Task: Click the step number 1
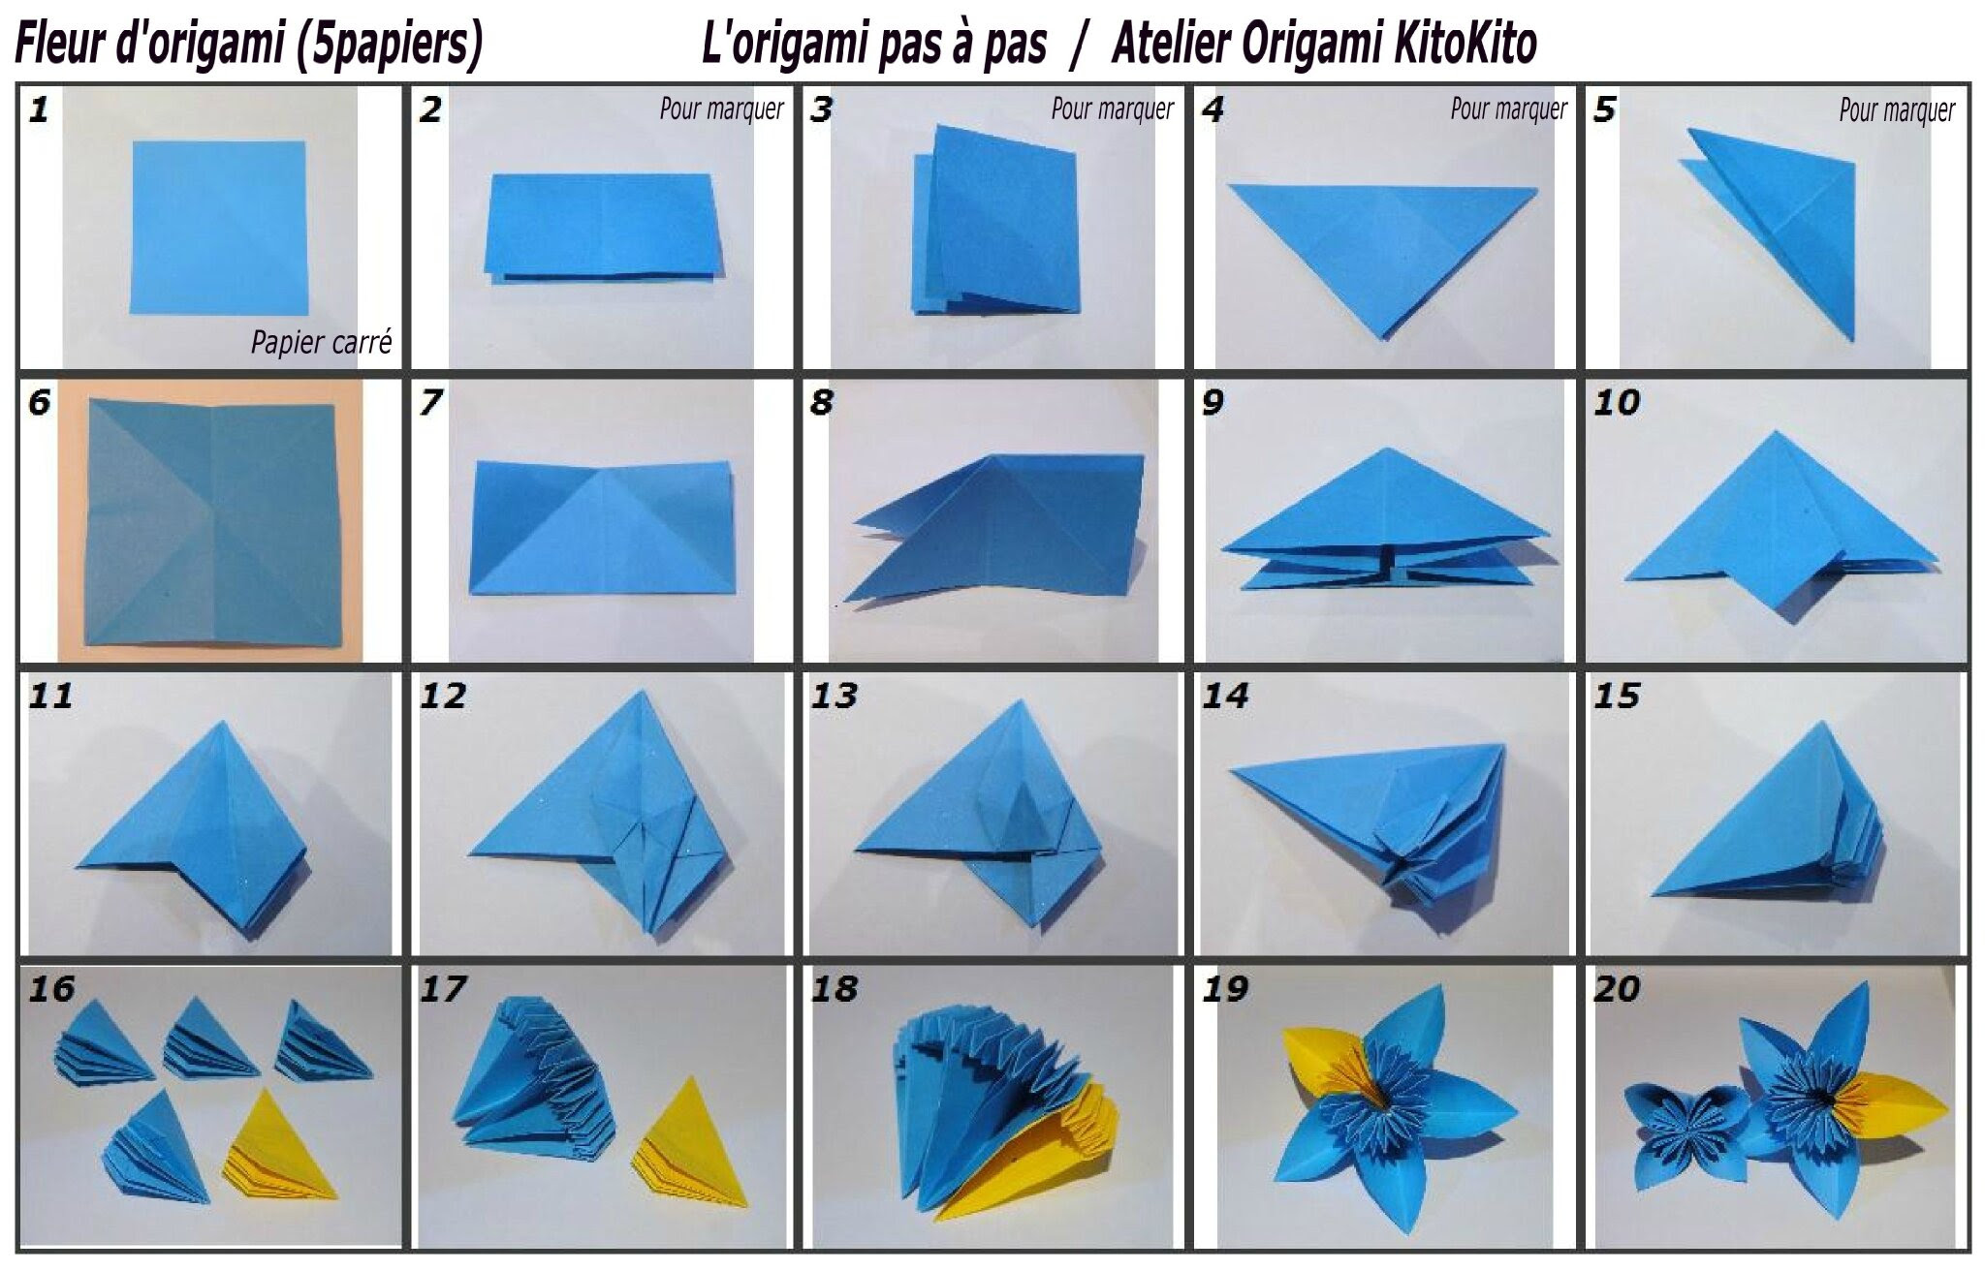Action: [39, 108]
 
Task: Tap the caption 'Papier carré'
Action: [322, 342]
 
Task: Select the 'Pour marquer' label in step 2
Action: [722, 108]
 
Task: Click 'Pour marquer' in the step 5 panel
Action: [1897, 109]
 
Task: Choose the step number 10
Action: [1617, 402]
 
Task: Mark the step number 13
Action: [834, 696]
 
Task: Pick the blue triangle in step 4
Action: [1382, 248]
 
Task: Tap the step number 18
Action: [834, 989]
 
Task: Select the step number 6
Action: [39, 402]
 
